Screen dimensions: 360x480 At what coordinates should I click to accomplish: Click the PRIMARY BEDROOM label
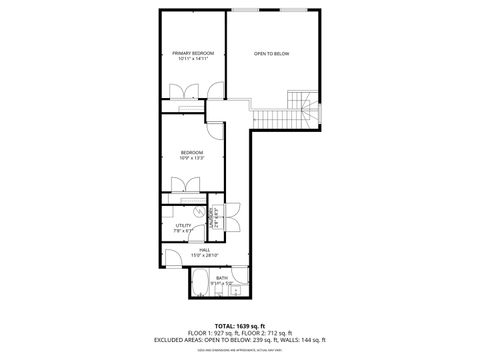[x=193, y=53]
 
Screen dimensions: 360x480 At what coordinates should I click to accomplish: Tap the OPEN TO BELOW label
[x=271, y=53]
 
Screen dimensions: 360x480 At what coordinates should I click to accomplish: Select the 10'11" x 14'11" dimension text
[x=193, y=59]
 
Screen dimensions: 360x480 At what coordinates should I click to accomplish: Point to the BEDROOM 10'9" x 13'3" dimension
[x=192, y=158]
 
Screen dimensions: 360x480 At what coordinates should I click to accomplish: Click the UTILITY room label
[x=183, y=226]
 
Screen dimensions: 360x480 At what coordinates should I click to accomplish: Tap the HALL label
[x=204, y=250]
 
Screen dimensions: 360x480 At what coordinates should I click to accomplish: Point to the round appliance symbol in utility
[x=198, y=212]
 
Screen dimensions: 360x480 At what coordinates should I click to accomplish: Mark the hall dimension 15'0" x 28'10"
[x=204, y=256]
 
